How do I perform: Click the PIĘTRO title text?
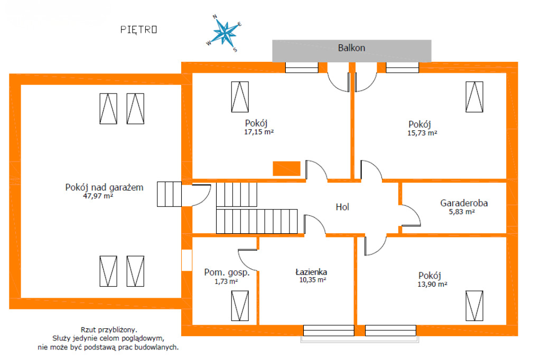tap(138, 30)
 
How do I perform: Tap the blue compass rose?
tap(225, 33)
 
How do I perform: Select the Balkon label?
tap(351, 48)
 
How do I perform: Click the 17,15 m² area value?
tap(259, 132)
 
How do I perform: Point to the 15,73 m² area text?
tap(422, 133)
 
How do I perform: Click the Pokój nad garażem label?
tap(104, 187)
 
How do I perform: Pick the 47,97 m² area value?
tap(98, 196)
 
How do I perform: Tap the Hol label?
tap(342, 207)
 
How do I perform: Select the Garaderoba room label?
tap(464, 203)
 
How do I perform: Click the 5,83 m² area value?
tap(462, 212)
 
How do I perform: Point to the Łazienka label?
tap(311, 272)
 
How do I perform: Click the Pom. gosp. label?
tap(227, 272)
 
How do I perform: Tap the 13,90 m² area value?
tap(432, 284)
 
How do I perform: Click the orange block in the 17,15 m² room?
tap(286, 168)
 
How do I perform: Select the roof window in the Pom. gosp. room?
tap(240, 306)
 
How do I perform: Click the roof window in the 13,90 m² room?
tap(474, 306)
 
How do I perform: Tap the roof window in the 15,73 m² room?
tap(474, 97)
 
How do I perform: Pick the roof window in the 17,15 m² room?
tap(240, 97)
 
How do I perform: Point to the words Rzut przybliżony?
tap(109, 330)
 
